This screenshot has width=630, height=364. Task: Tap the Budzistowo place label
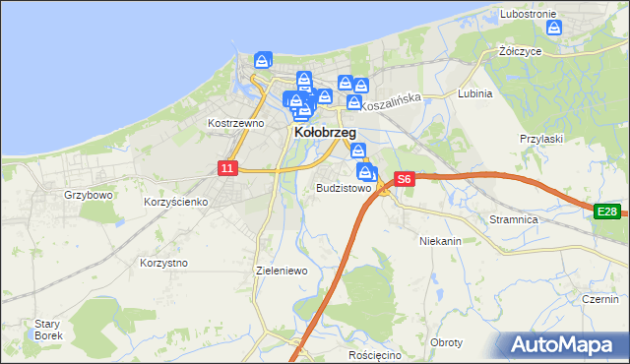pyautogui.click(x=344, y=188)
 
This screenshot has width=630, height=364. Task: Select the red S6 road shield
pyautogui.click(x=404, y=180)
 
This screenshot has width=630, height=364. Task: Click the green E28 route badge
pyautogui.click(x=606, y=212)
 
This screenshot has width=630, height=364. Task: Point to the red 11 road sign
pyautogui.click(x=227, y=169)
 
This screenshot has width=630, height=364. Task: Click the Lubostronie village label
pyautogui.click(x=529, y=14)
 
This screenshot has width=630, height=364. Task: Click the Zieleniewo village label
pyautogui.click(x=282, y=270)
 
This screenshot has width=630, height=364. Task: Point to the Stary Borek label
pyautogui.click(x=48, y=330)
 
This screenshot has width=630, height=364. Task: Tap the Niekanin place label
pyautogui.click(x=440, y=240)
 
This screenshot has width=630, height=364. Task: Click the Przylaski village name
pyautogui.click(x=540, y=140)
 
